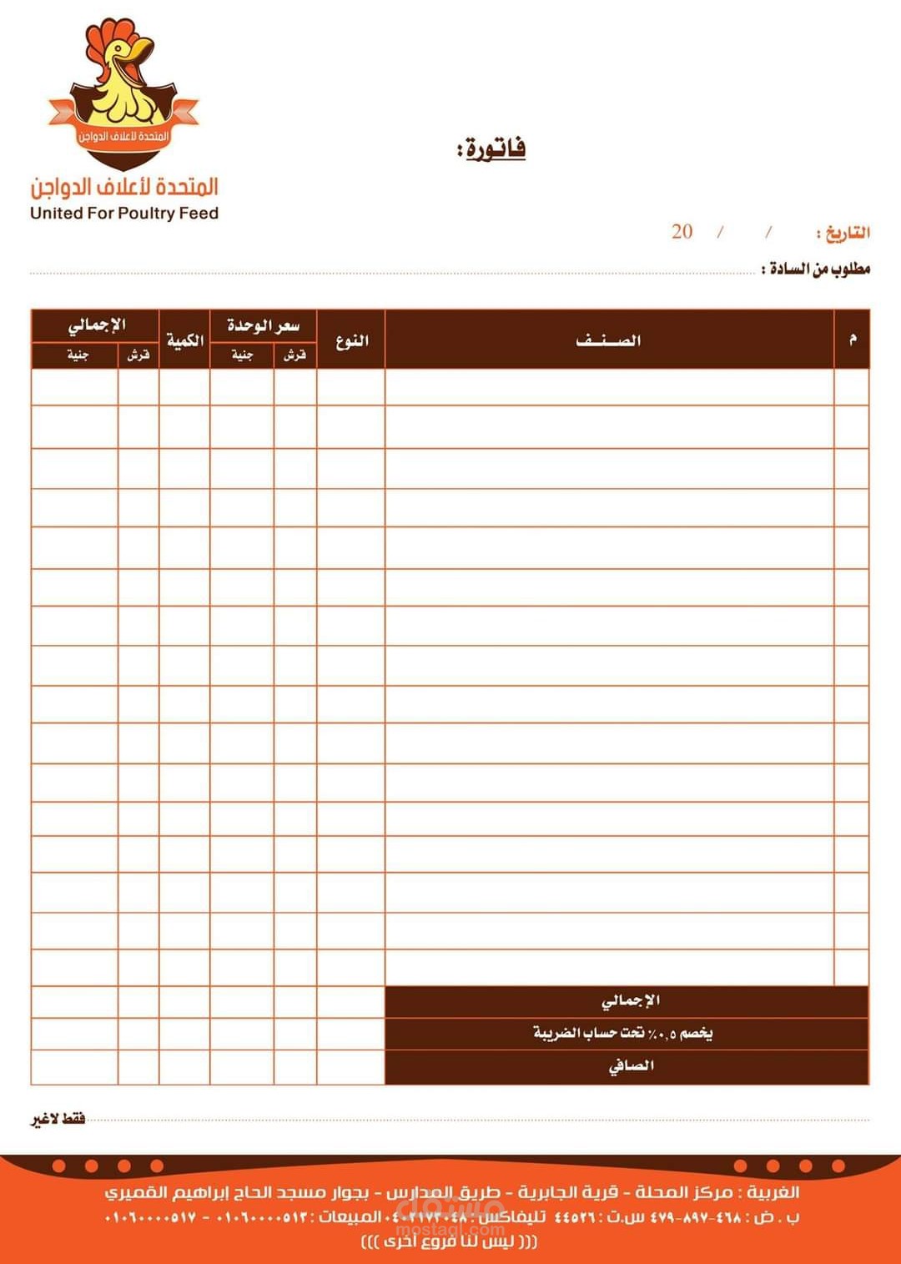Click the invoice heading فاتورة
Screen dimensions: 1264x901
492,149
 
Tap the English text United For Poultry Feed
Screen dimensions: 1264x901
124,214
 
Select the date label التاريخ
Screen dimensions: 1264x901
844,233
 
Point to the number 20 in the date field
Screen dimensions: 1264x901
682,232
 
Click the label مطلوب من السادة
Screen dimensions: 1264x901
817,269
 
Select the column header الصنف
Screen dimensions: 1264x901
608,340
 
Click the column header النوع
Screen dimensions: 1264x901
351,340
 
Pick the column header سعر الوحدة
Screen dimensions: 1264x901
263,325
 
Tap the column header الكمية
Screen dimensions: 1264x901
184,340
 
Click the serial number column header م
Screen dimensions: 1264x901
852,339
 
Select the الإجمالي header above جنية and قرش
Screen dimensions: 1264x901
96,325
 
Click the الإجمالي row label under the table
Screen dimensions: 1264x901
630,1000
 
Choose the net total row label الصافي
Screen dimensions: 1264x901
631,1065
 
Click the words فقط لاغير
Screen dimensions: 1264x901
58,1118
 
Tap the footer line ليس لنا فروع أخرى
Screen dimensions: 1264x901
450,1242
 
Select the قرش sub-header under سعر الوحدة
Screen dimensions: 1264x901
294,355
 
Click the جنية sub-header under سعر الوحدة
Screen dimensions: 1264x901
242,355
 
